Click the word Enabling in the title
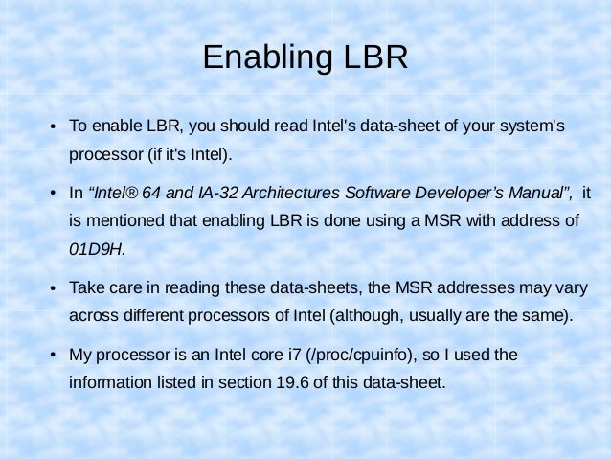(x=261, y=57)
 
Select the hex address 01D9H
(x=97, y=249)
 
